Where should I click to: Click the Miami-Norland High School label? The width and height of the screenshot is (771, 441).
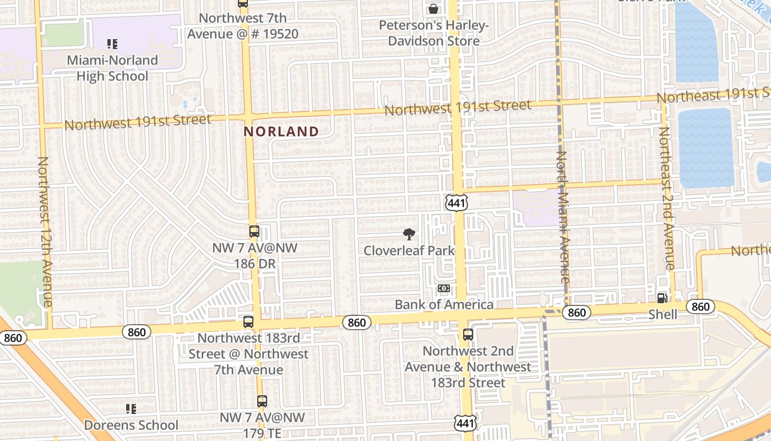[112, 68]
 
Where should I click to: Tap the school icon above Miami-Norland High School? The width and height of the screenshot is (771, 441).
[112, 44]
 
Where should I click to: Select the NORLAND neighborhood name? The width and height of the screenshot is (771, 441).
[281, 131]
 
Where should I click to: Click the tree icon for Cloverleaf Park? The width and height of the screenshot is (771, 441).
[409, 234]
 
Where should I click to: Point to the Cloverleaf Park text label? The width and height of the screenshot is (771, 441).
[409, 250]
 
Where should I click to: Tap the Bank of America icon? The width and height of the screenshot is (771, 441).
[444, 288]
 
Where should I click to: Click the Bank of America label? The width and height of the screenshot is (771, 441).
[444, 304]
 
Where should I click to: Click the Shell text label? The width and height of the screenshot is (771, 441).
[663, 314]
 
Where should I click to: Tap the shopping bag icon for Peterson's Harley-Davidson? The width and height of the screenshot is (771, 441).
[433, 9]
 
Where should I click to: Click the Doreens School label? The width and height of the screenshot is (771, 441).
[131, 425]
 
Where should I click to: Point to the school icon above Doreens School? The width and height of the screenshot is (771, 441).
[131, 408]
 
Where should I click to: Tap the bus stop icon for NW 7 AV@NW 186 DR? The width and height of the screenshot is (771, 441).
[254, 232]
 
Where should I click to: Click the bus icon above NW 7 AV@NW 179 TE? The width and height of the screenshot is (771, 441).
[262, 401]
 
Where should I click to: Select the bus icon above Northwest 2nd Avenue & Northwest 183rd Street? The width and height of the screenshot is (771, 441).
[468, 334]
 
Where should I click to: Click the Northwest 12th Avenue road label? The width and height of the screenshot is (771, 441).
[44, 232]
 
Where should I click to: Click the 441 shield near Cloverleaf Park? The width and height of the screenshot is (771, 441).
[457, 202]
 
